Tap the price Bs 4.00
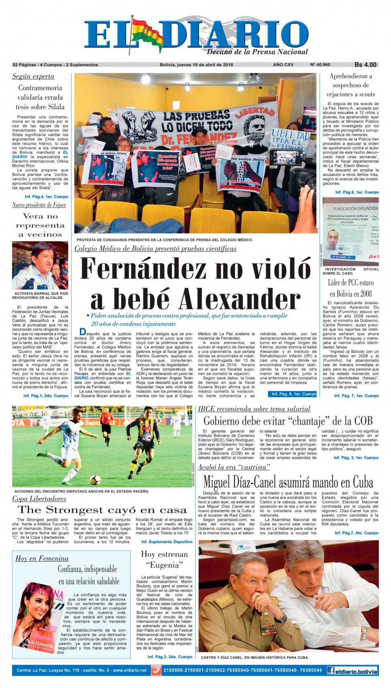(x=365, y=65)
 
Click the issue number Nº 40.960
(x=321, y=65)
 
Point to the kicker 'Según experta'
(x=33, y=77)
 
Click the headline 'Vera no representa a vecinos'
(x=40, y=225)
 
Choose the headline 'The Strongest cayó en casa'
(x=102, y=510)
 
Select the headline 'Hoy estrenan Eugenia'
(x=165, y=559)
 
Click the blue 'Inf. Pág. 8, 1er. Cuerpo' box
(x=294, y=394)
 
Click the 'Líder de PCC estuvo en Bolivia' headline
(x=351, y=288)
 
